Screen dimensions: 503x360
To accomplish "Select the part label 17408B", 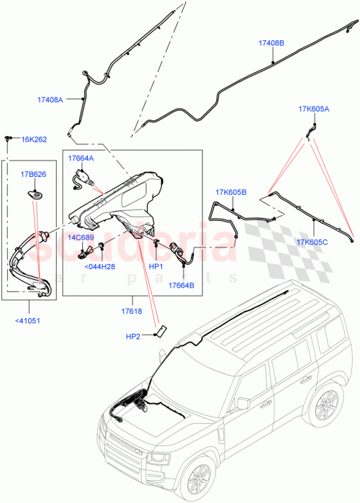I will click(271, 43).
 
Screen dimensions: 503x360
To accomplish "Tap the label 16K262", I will click(34, 140).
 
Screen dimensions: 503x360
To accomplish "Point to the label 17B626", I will click(33, 174).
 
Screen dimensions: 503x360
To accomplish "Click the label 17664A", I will click(81, 157).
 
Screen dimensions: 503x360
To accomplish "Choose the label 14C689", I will click(81, 236).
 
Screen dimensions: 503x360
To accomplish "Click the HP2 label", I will click(133, 335).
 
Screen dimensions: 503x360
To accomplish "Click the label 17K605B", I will click(230, 192).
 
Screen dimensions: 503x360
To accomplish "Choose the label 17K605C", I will click(312, 242).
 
